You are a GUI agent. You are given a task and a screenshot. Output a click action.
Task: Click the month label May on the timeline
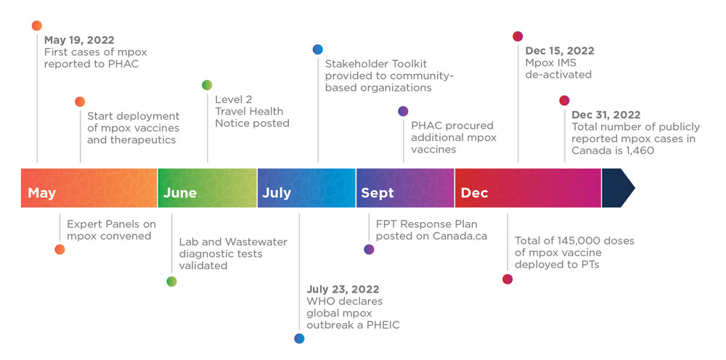coord(41,193)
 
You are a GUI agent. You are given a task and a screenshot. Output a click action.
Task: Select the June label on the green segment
coord(179,193)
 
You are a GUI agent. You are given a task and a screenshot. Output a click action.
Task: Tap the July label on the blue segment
coord(277,193)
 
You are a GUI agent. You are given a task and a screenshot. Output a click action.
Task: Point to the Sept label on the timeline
coord(378,193)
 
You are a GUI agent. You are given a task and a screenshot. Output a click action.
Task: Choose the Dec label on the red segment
coord(475,193)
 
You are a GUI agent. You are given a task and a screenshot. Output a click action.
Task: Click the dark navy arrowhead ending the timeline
coord(618,188)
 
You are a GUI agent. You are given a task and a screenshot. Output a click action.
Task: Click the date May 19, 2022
coord(79,40)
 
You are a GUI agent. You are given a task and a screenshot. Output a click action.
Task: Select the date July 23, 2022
coord(343,290)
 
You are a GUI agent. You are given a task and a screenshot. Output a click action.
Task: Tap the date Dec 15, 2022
coord(560,51)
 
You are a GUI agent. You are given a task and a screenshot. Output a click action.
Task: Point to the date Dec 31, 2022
coord(606,115)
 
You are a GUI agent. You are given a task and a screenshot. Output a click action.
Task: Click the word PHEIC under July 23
coord(383,325)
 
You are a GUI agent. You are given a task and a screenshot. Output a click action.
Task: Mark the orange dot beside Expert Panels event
coord(60,250)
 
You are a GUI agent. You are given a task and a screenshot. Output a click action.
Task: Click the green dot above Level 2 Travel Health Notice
coord(207,85)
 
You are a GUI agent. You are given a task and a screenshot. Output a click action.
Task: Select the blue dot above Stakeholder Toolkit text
coord(318,49)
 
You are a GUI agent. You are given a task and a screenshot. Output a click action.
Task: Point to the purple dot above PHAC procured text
coord(403,111)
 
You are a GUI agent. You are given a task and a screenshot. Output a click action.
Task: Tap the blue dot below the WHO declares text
coord(300,338)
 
